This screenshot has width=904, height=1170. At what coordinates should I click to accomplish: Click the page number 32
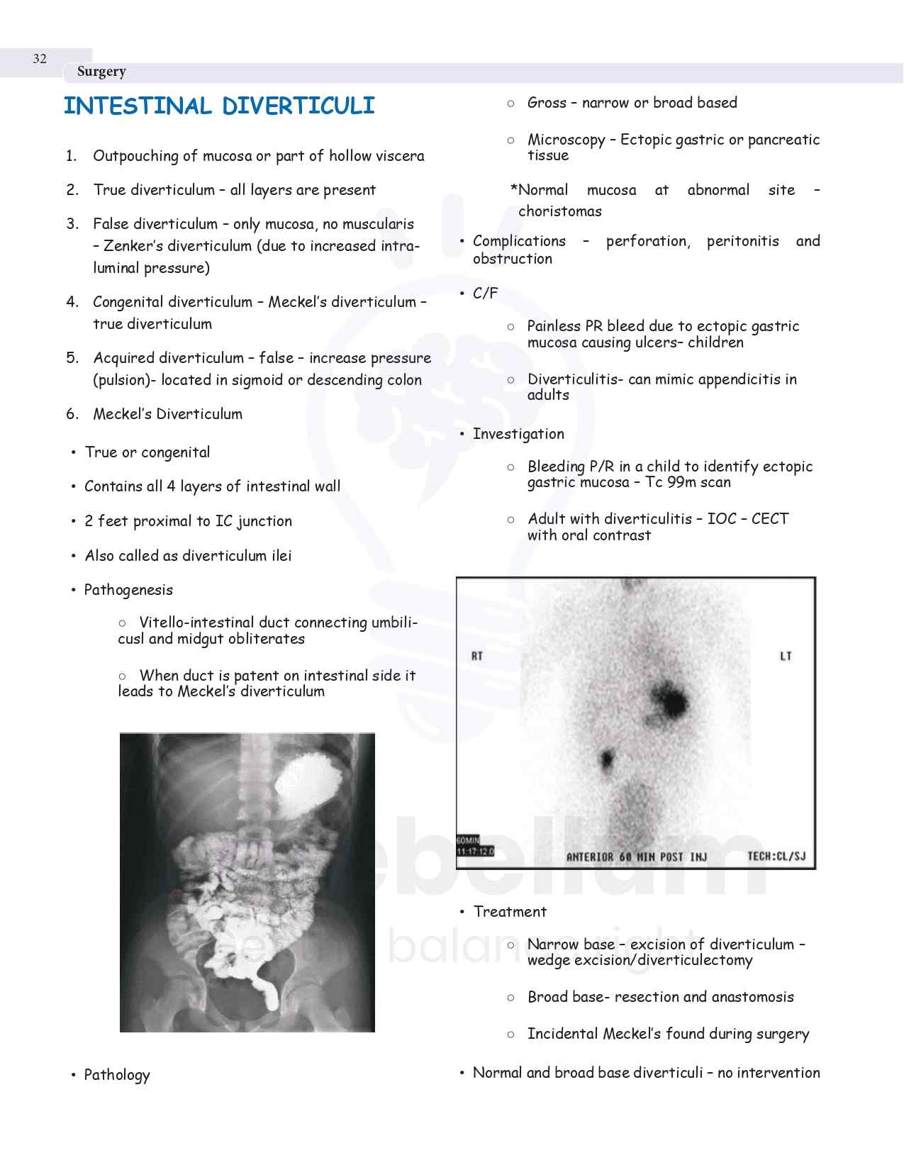tap(40, 59)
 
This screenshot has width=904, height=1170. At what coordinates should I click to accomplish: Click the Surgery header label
tap(101, 72)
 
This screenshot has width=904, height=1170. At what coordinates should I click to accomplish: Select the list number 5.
tap(72, 358)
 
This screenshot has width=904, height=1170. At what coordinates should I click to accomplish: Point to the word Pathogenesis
tap(128, 590)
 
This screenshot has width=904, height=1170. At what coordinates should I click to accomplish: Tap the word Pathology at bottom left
tap(117, 1075)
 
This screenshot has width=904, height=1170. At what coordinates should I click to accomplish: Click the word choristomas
tap(559, 211)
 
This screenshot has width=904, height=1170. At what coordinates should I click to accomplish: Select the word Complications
tap(519, 241)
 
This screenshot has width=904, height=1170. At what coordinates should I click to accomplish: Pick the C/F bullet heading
tap(485, 294)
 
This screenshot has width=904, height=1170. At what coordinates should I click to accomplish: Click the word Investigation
tap(518, 434)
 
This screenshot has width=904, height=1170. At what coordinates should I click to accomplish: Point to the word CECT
tap(769, 519)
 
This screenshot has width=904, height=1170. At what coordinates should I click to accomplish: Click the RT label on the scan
tap(477, 656)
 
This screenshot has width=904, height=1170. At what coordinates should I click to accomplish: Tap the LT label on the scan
tap(786, 656)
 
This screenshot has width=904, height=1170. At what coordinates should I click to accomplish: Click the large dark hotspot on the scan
tap(669, 701)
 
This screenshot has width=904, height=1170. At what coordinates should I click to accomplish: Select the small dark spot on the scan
tap(606, 759)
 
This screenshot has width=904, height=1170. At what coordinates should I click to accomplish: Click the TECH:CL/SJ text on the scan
tap(776, 857)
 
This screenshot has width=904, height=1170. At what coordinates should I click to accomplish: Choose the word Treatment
tap(510, 912)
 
